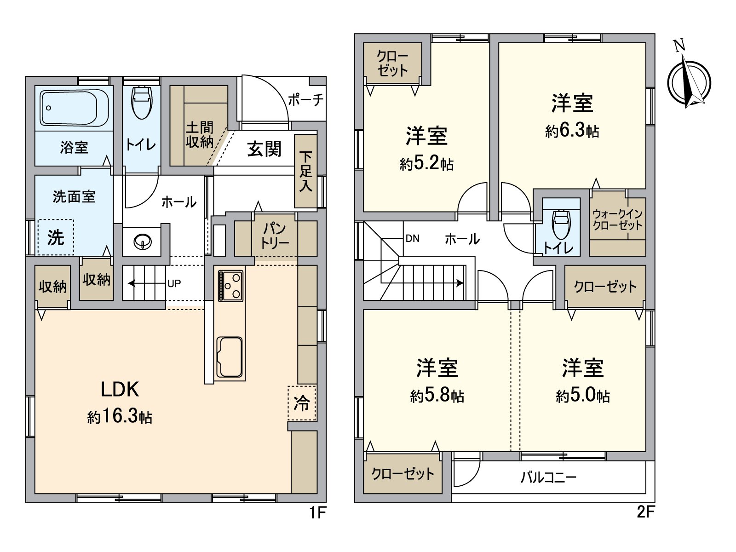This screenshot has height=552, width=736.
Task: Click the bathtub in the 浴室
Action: tap(75, 108)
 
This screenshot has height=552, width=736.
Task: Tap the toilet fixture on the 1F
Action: tap(141, 102)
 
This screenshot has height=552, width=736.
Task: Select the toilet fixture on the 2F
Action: tap(561, 224)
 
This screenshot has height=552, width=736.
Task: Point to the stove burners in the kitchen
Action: tap(230, 286)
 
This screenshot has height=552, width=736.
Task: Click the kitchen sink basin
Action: tap(229, 357)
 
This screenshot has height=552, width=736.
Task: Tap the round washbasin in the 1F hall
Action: tap(142, 241)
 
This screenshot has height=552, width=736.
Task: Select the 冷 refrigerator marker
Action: tap(302, 403)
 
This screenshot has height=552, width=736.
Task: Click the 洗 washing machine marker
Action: tap(56, 237)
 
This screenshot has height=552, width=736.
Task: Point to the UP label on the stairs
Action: tap(174, 284)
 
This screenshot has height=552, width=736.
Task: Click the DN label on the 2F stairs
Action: tap(412, 238)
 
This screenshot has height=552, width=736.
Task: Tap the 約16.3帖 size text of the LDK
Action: tap(120, 416)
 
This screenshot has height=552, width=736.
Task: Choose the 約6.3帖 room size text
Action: tap(572, 131)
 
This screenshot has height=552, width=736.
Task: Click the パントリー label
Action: tap(275, 236)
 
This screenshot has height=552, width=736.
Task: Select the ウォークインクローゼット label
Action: tap(617, 219)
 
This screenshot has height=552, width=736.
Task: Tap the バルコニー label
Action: tap(548, 477)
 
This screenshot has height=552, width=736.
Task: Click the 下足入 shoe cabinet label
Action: tap(305, 171)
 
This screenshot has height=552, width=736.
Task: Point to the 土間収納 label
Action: tap(199, 134)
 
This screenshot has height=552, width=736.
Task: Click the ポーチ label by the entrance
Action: tap(305, 100)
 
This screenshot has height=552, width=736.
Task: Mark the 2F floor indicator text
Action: tap(645, 512)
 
